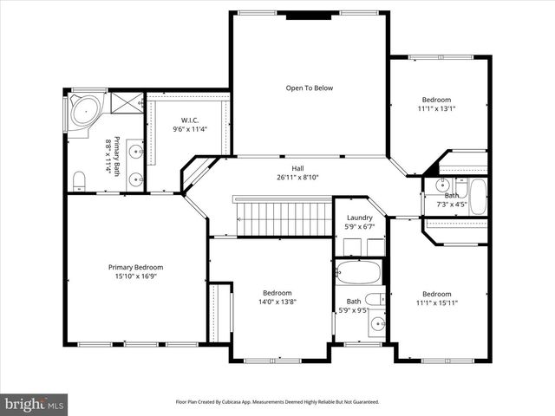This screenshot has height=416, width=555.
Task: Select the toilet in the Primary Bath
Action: pos(79,180)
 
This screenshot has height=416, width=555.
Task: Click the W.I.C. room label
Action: pos(190,120)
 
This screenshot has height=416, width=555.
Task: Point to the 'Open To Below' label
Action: pos(309,88)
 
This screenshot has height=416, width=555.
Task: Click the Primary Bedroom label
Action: pos(135,267)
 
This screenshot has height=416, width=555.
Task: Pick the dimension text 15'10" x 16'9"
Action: pos(135,277)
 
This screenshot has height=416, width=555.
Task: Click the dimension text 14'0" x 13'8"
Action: pos(277,302)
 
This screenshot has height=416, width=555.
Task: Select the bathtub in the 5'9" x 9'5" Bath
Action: pos(358,272)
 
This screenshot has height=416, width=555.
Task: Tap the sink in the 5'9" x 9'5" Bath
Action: pos(377,324)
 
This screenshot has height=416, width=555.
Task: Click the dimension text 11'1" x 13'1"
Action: pos(436,109)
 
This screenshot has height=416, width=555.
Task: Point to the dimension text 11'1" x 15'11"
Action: pos(436,302)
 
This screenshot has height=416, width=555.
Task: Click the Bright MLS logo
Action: pos(35,403)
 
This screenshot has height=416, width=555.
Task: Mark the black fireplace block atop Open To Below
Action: pos(308,15)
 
